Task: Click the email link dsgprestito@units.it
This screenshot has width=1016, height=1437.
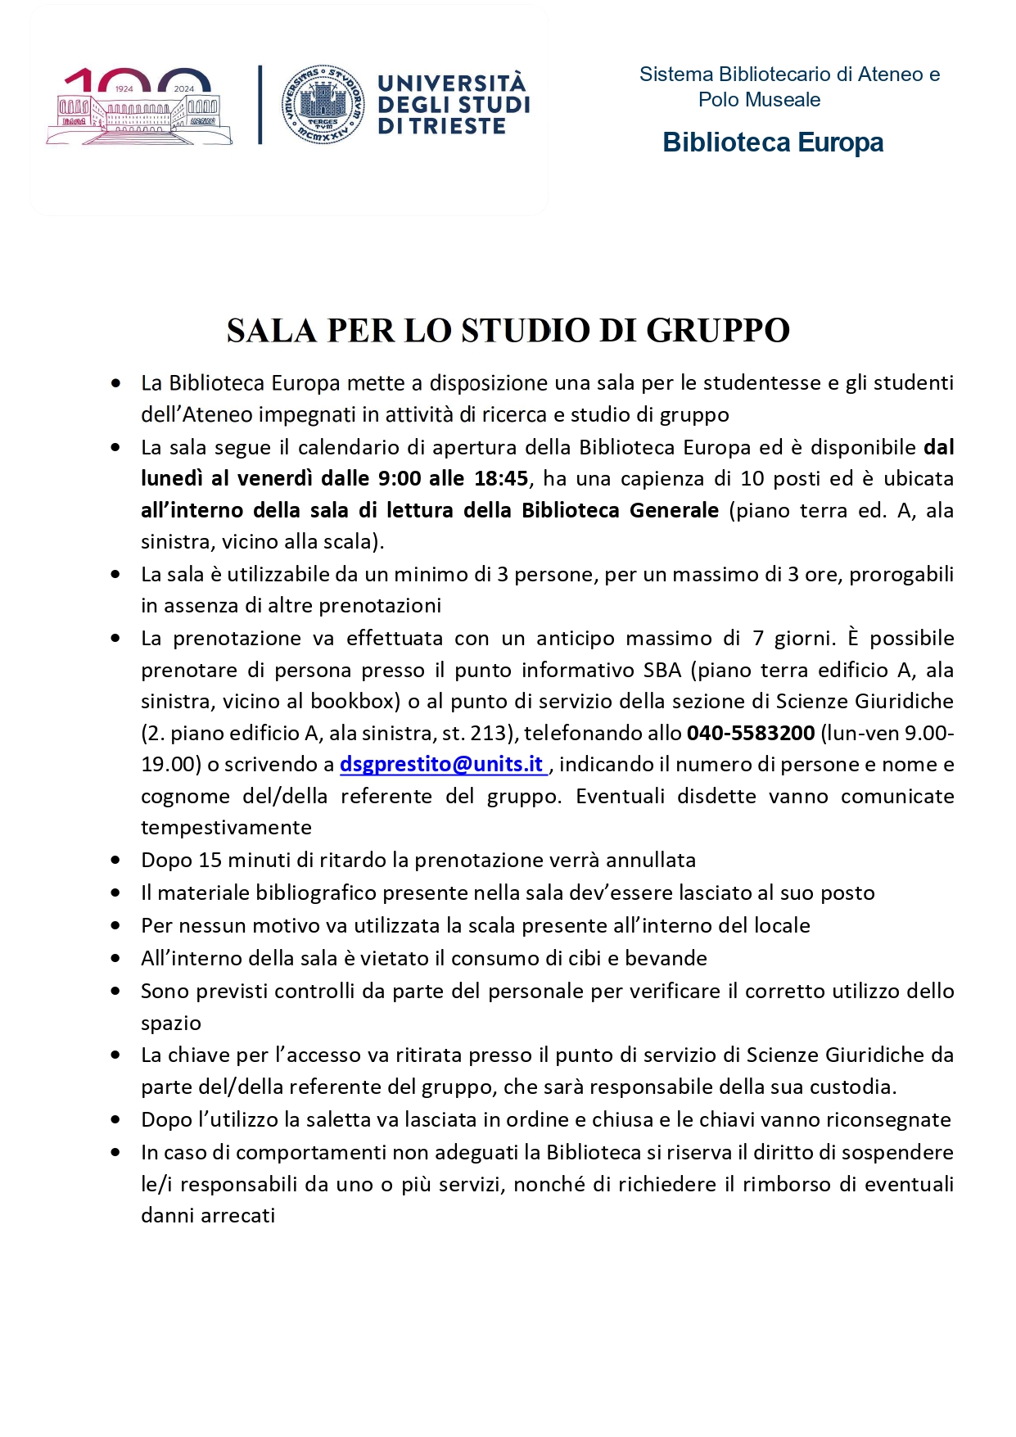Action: click(x=442, y=764)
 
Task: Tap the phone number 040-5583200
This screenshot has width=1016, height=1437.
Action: click(x=751, y=733)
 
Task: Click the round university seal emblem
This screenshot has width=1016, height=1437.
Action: click(x=323, y=104)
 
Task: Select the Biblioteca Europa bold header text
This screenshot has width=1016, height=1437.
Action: click(x=773, y=142)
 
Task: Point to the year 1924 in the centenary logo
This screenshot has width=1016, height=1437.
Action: click(x=124, y=88)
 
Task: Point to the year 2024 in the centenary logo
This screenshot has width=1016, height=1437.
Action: click(x=184, y=88)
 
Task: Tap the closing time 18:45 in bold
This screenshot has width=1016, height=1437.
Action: click(x=501, y=478)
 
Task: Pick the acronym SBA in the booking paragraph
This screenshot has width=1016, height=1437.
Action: click(x=662, y=670)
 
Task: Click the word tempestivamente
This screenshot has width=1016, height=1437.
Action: click(x=226, y=828)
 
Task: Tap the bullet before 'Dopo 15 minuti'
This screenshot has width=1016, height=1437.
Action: click(x=116, y=861)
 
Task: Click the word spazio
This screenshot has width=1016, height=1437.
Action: click(x=171, y=1024)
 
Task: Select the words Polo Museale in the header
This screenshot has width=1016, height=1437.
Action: click(x=759, y=100)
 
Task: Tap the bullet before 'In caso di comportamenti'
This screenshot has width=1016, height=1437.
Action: click(x=116, y=1153)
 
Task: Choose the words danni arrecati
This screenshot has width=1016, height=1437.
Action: click(x=208, y=1216)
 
